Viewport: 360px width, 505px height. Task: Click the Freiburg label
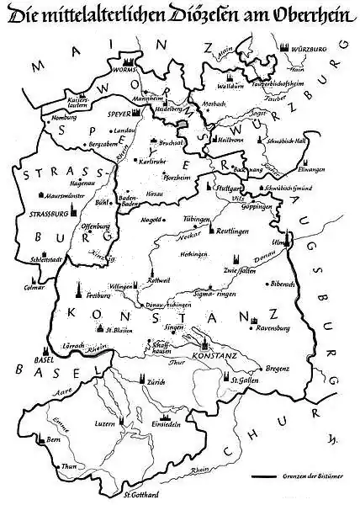[x=98, y=296]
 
